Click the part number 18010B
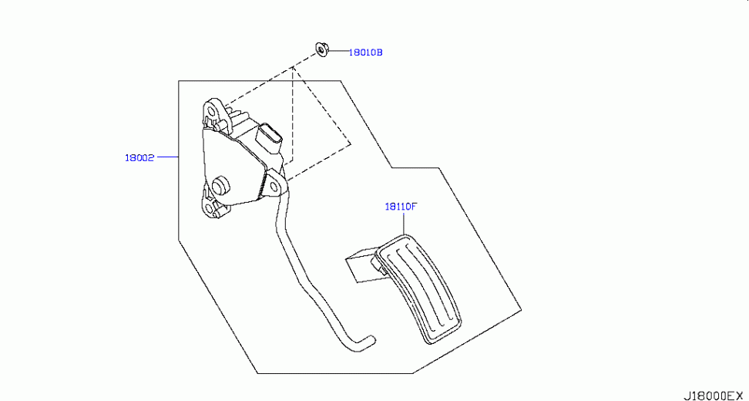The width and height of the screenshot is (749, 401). [365, 52]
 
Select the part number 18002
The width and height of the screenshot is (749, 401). [139, 158]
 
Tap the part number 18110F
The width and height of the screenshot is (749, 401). [401, 207]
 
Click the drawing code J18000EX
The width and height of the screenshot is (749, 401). [714, 395]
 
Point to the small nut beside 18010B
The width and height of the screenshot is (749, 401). [321, 49]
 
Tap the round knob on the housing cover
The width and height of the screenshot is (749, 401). [220, 184]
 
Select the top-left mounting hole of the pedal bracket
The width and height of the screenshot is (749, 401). [211, 113]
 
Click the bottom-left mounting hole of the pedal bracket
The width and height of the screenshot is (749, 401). [210, 209]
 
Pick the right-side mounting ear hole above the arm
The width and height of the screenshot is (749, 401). [275, 184]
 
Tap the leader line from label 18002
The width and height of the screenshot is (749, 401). [168, 157]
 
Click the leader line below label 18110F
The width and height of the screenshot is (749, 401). [404, 223]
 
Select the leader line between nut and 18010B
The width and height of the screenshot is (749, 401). [338, 50]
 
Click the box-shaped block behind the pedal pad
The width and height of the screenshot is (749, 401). [362, 265]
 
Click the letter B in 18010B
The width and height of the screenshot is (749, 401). [380, 52]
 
